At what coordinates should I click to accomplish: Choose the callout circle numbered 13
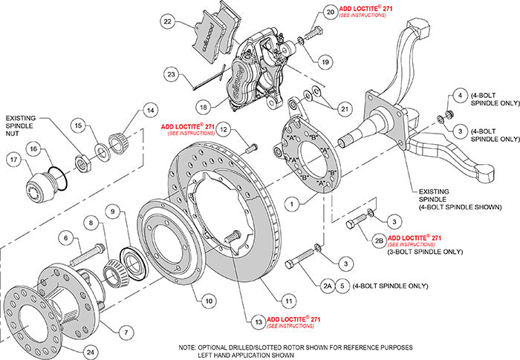(257, 322)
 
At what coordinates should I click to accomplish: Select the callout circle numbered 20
(329, 13)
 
